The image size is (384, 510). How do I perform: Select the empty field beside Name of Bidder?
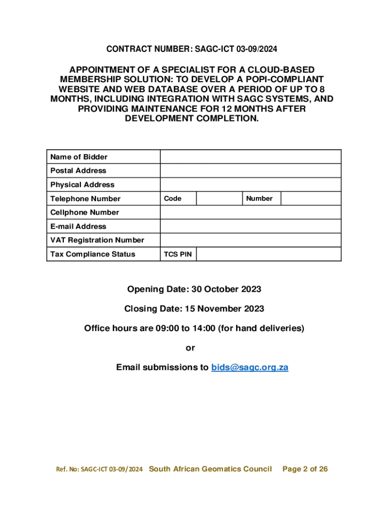pos(250,157)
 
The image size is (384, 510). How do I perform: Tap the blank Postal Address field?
pos(250,171)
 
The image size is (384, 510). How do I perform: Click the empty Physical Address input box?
pos(250,185)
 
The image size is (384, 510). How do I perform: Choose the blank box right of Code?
pos(219,199)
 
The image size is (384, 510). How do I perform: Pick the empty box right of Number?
pos(311,199)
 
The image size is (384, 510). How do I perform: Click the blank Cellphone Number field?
pos(250,213)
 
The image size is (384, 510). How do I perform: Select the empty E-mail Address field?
pos(250,227)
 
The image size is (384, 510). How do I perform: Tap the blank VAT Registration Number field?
pos(250,241)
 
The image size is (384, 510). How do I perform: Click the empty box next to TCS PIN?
pos(268,255)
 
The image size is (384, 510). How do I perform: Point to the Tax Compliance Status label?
pos(93,255)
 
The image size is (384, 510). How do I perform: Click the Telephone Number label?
pos(85,199)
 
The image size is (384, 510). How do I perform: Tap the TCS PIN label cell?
pos(178,255)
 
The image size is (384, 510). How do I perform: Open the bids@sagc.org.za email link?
pos(250,368)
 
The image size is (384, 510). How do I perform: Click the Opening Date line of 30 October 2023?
pos(194,289)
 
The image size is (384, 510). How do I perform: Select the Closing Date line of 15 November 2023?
pos(194,309)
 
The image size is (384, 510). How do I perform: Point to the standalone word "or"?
pos(191,348)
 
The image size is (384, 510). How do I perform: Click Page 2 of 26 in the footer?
pos(305,469)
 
